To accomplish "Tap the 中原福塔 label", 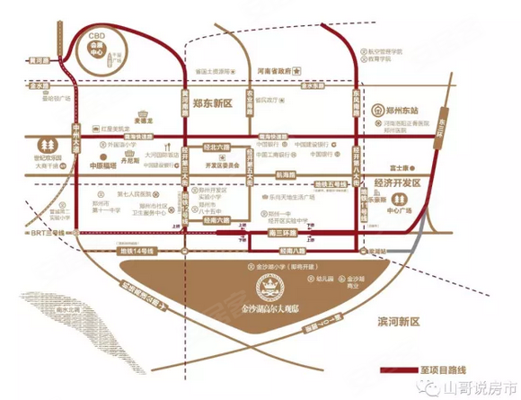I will pos(104,166).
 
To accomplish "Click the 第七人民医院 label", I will pos(137,193).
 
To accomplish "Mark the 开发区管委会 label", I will pos(213,167).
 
